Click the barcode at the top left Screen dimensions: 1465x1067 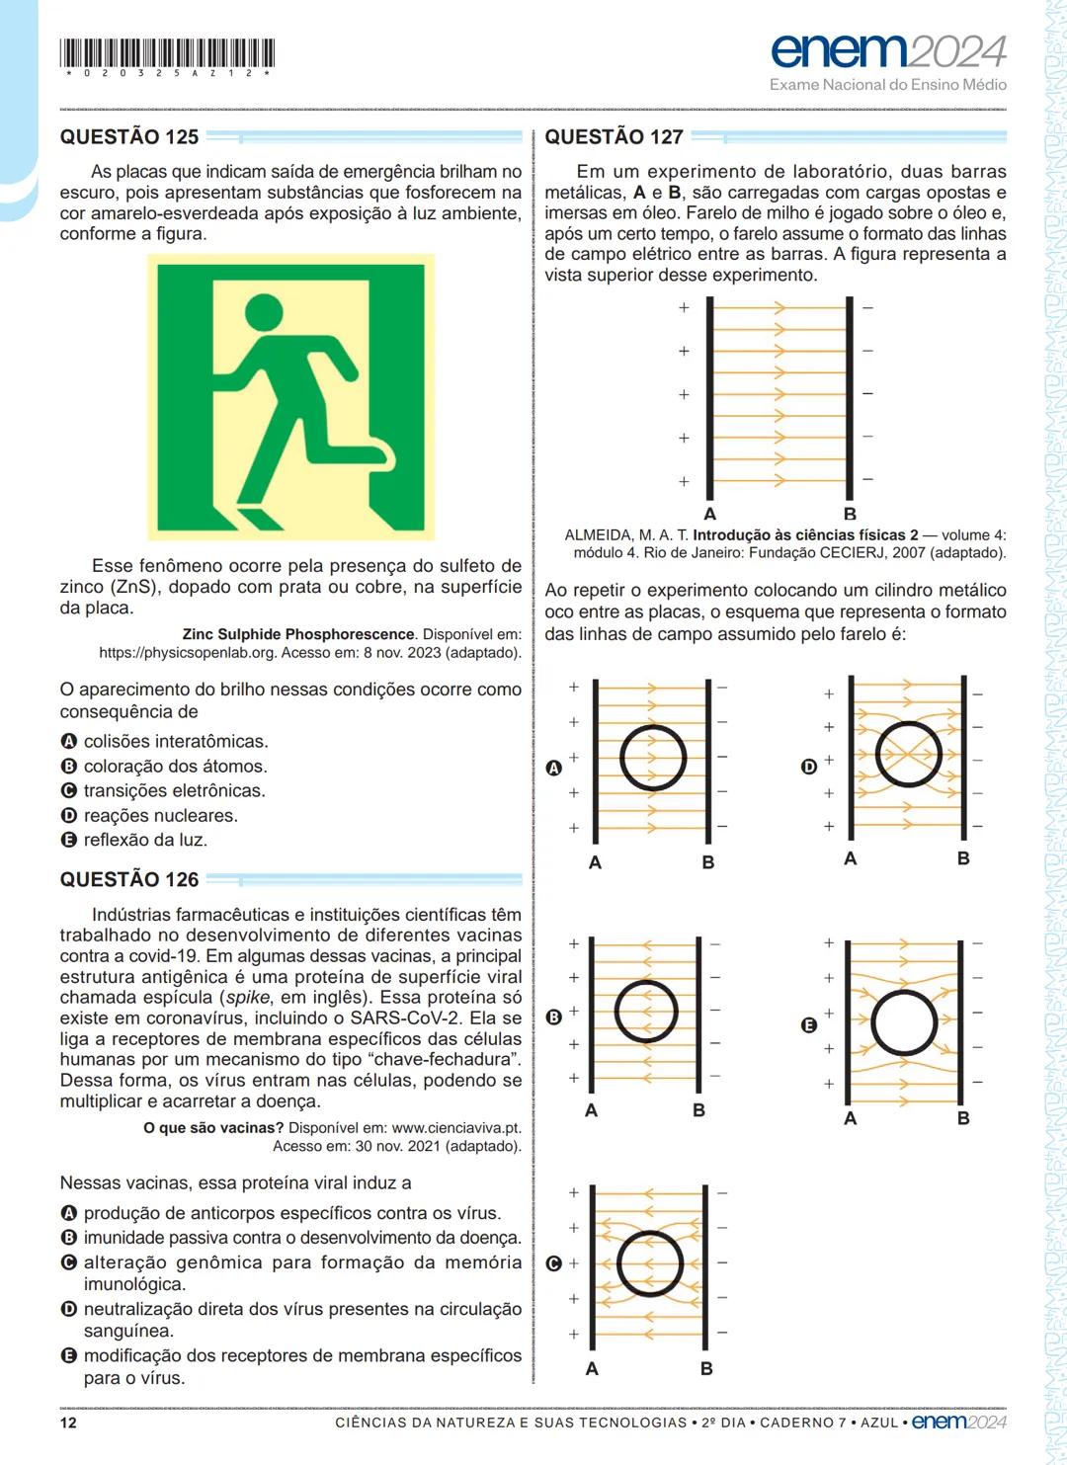coord(167,53)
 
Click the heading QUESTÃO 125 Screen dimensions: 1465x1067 coord(129,137)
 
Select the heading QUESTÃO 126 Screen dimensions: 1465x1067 coord(129,879)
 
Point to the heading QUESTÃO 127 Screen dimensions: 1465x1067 coord(614,137)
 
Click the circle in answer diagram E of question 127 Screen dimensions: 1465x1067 coord(904,1023)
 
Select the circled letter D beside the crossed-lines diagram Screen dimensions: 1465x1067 coord(808,767)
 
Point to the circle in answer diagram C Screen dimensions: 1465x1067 coord(649,1264)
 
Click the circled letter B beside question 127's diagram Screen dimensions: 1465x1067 coord(553,1017)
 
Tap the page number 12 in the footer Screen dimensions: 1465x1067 coord(68,1423)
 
